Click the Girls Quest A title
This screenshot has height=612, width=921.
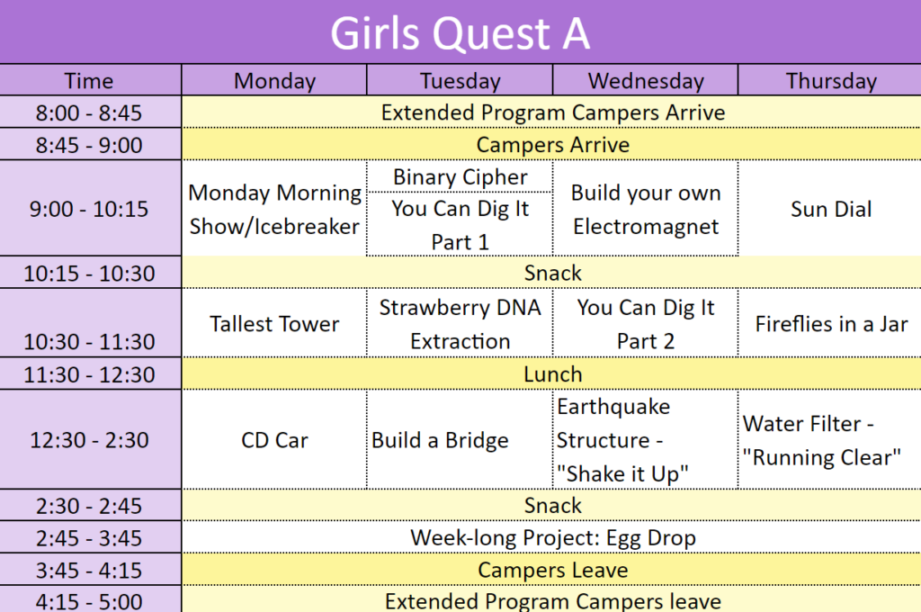point(460,33)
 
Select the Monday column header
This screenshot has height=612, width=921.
point(274,80)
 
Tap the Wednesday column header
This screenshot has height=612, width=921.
point(646,80)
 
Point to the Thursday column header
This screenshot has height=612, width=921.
point(831,80)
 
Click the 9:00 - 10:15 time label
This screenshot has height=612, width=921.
point(89,209)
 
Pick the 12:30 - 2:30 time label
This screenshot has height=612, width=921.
point(89,440)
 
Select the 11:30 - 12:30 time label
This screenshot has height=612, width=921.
point(89,374)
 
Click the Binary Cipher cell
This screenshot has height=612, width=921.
point(460,177)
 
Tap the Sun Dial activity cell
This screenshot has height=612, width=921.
point(831,209)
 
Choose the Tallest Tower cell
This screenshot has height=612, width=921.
point(274,324)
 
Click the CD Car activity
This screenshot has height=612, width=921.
point(274,440)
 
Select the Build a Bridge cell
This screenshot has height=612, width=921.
point(440,440)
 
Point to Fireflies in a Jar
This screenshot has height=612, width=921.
point(831,324)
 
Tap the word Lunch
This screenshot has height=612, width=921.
point(553,374)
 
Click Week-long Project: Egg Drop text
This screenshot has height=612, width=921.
point(553,538)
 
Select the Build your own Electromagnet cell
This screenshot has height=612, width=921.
point(646,210)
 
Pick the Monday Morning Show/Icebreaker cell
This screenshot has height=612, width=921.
point(274,210)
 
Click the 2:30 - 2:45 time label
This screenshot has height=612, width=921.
point(89,506)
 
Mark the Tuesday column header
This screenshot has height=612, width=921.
point(460,80)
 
